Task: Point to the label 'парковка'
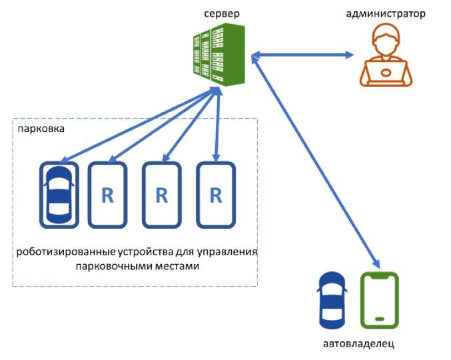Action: point(41,129)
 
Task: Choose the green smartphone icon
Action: point(379,301)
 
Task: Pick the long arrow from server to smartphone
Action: point(313,160)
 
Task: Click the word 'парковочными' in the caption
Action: point(117,267)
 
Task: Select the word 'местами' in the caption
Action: point(179,267)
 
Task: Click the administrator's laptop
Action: point(385,73)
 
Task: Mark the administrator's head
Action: point(385,39)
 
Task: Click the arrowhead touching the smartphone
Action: point(377,265)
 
